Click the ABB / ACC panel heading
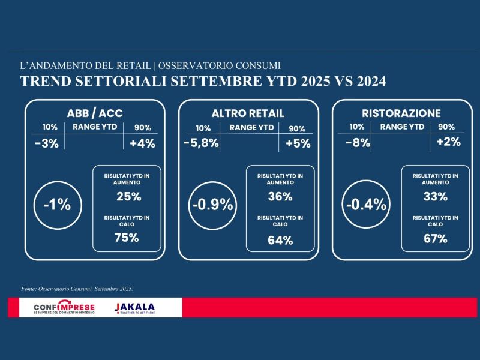click(x=95, y=113)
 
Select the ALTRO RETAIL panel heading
click(x=248, y=113)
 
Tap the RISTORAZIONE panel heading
click(x=401, y=113)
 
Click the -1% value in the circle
click(x=57, y=204)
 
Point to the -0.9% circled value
click(x=212, y=204)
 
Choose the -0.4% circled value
click(x=366, y=204)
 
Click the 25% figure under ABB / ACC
click(x=127, y=196)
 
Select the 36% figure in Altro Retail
click(x=280, y=196)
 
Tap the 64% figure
click(x=280, y=241)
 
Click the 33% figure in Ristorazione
click(x=434, y=196)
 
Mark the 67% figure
click(x=434, y=238)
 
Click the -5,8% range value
click(x=201, y=144)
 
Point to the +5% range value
click(x=297, y=144)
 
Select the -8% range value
click(x=357, y=143)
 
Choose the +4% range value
click(x=142, y=143)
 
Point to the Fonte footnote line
click(x=77, y=289)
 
